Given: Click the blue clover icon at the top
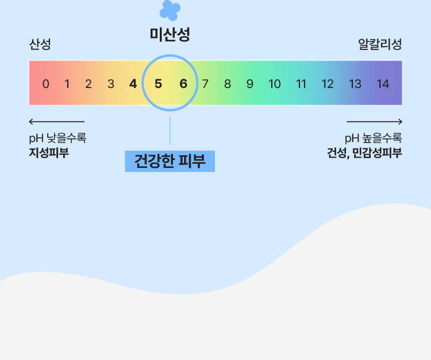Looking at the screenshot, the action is tap(170, 10).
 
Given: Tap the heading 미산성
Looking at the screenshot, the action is tap(170, 35).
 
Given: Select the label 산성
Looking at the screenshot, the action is tap(40, 44).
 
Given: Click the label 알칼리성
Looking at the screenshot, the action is tap(380, 44).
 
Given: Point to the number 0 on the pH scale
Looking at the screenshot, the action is tap(45, 84).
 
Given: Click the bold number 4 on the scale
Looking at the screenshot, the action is tap(133, 84).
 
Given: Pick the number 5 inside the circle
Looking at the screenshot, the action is tap(158, 84).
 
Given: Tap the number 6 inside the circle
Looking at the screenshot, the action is tap(183, 84).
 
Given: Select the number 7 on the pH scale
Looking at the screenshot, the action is tap(205, 84).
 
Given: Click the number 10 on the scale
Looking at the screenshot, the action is tap(274, 84).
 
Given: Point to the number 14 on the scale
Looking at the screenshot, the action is tap(383, 84).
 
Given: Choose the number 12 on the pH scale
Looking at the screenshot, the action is tap(328, 84).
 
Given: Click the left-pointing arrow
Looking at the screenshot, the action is tap(57, 121).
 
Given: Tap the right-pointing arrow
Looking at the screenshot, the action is tap(374, 121).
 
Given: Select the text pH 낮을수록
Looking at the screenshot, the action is tap(57, 138).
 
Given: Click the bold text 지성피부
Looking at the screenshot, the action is tap(49, 152).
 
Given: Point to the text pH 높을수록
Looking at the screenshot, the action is tap(374, 138).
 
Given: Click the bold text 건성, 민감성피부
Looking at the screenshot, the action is tap(364, 153).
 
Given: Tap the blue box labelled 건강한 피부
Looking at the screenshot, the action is tap(170, 161).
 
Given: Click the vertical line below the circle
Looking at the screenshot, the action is tap(170, 131).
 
